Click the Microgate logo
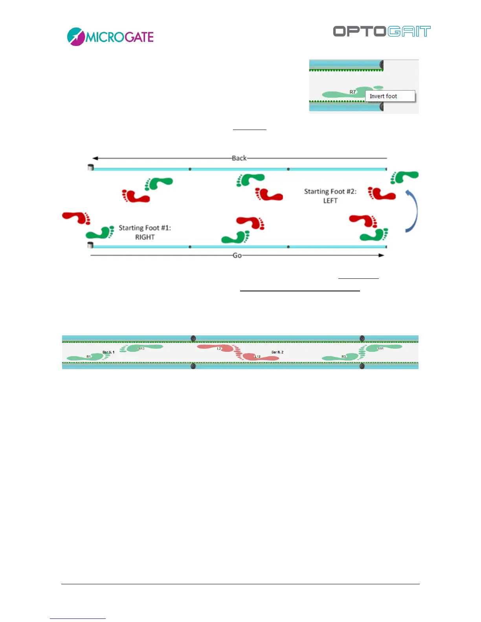110,37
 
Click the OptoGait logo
382,31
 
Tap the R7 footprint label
352,92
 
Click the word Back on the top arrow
239,158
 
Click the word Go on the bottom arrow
237,256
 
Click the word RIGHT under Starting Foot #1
145,237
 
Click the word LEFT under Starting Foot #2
330,201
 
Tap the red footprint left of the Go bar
76,218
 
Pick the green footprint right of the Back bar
404,177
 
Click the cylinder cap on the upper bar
90,168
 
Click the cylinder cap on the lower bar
90,245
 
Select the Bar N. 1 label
108,352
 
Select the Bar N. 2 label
277,352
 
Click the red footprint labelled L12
259,357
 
